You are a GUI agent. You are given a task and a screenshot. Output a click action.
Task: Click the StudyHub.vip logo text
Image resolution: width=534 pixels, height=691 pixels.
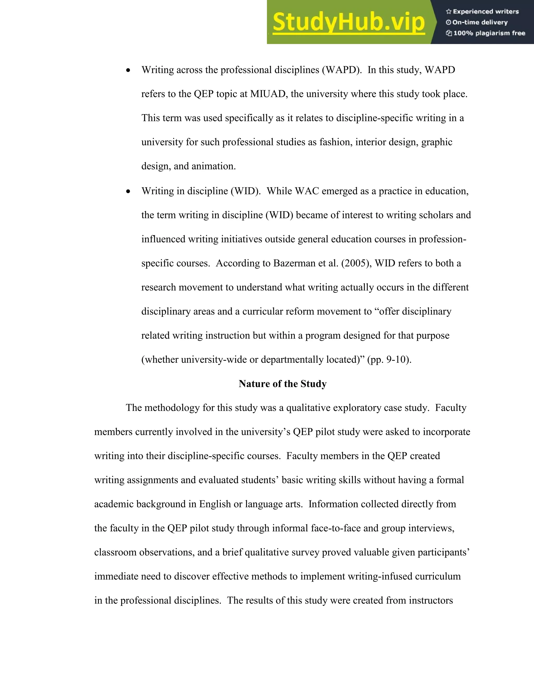coord(348,22)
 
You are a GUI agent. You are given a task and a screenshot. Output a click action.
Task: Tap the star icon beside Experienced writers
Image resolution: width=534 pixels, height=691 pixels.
coord(448,12)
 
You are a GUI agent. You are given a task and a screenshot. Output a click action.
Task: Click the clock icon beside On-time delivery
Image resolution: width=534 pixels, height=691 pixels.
coord(448,22)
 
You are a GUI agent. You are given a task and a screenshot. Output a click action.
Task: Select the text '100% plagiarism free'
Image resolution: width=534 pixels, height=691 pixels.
coord(489,33)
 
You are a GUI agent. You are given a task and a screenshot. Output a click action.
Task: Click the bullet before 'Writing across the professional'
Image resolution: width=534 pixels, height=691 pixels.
coord(128,70)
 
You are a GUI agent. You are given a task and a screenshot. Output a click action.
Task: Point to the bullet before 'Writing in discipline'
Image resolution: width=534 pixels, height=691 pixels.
coord(128,191)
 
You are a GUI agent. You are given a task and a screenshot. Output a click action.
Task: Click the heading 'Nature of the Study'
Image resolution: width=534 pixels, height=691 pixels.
coord(282,384)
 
